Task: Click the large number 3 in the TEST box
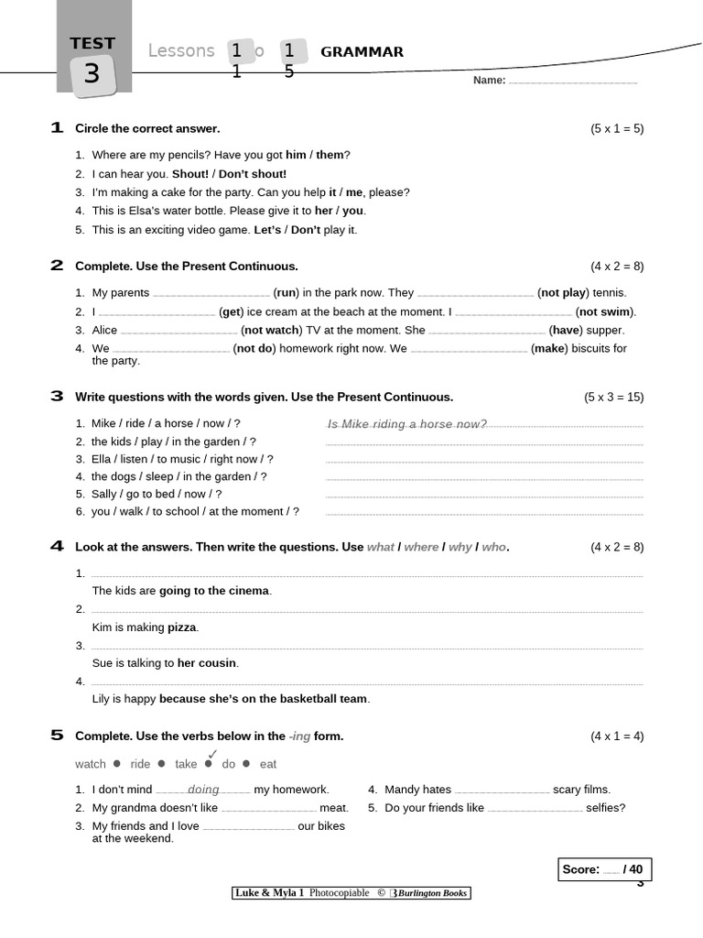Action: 92,73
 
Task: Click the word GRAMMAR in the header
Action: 362,52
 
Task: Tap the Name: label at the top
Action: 489,81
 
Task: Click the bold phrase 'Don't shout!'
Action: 253,173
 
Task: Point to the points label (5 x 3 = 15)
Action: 613,397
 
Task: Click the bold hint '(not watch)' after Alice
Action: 270,330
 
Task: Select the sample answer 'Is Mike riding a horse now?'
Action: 406,424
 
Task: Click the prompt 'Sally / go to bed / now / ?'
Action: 157,494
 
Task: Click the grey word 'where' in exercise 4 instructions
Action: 421,547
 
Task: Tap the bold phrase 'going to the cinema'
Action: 214,591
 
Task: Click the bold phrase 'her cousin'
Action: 207,663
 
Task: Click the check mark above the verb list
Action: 212,753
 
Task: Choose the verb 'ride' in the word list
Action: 140,764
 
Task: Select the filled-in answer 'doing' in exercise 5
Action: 203,790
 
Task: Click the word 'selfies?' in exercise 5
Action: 606,808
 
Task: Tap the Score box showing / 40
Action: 604,869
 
